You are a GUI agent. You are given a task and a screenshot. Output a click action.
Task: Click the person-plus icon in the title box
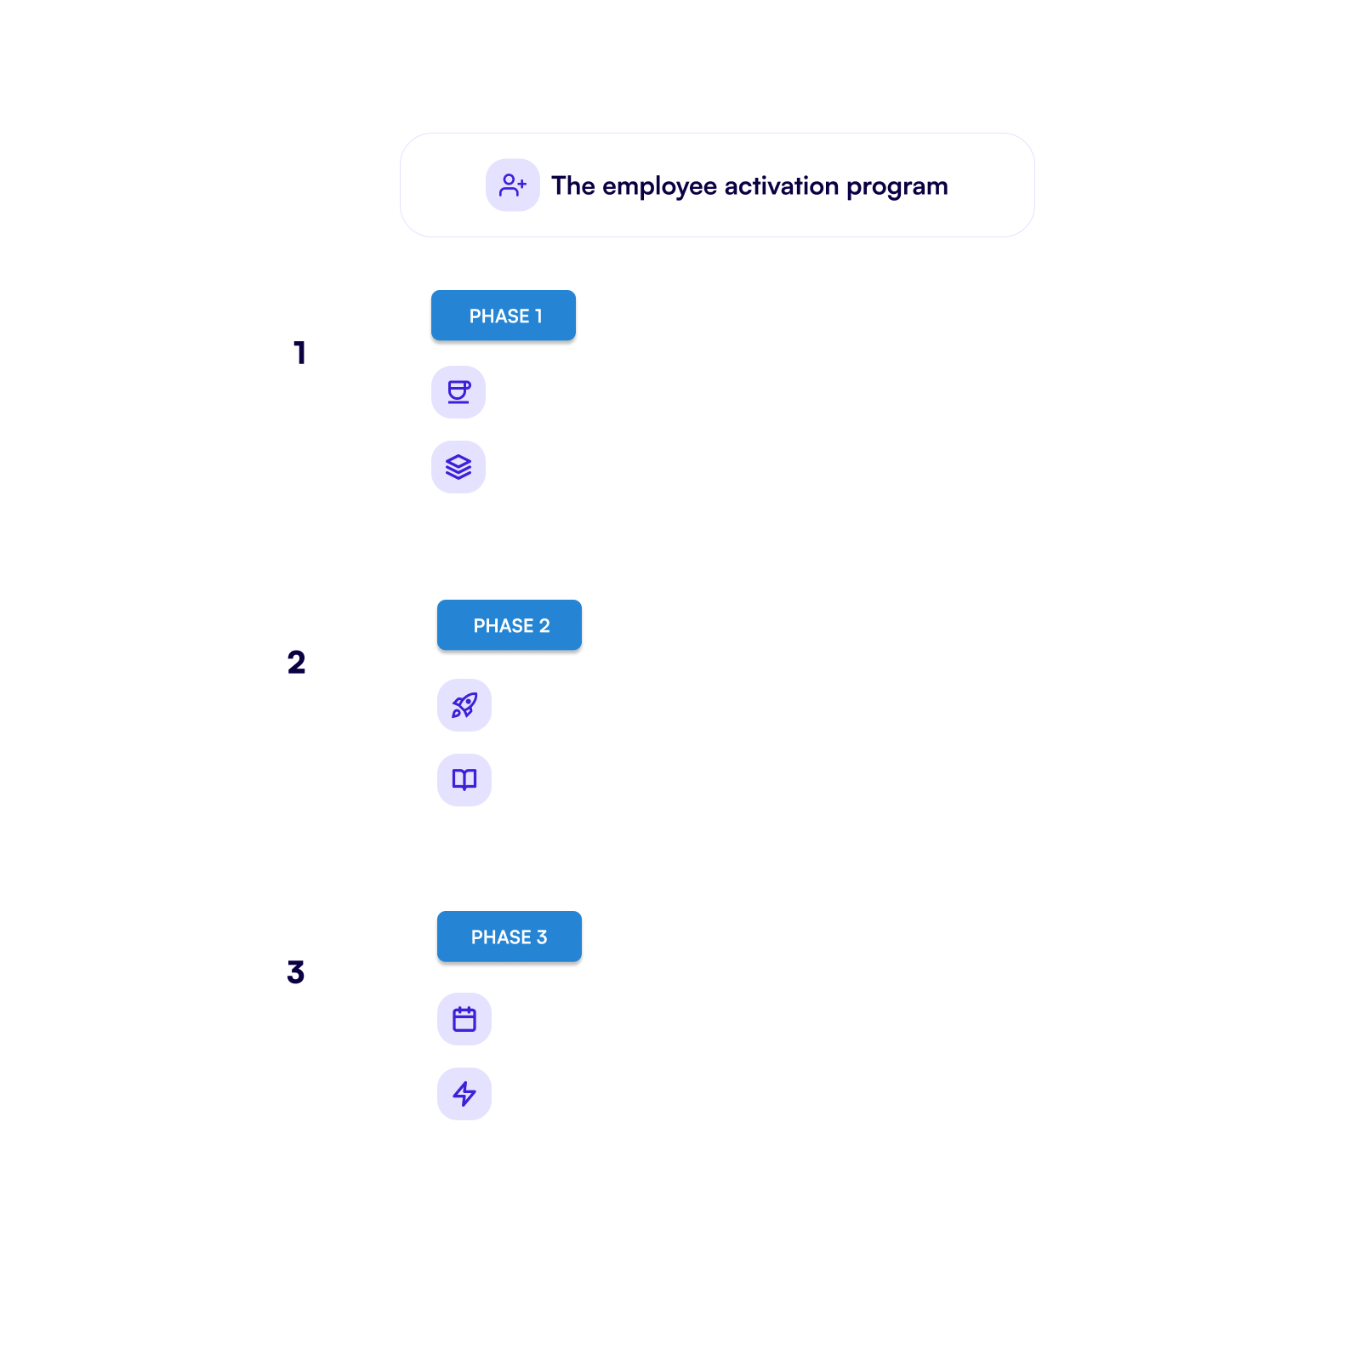click(512, 185)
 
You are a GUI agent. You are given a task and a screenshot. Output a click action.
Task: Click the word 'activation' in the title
click(781, 185)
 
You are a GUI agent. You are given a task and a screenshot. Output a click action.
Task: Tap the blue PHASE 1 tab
click(504, 316)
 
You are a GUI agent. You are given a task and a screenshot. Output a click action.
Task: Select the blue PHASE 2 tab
click(510, 626)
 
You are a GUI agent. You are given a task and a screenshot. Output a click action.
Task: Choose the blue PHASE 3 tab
click(510, 937)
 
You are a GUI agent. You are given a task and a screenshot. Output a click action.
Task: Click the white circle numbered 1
click(302, 353)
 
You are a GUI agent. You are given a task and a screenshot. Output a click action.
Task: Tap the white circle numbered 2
click(296, 663)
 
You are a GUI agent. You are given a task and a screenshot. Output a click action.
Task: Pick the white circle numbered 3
click(296, 972)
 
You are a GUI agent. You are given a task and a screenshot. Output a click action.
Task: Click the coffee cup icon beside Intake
click(458, 392)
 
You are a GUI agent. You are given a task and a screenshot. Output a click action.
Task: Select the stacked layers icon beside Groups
click(458, 467)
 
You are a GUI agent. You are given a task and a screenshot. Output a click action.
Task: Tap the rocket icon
click(464, 705)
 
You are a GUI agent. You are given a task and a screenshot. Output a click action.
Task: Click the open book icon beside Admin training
click(464, 780)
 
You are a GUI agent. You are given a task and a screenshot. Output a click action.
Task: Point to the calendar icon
click(464, 1019)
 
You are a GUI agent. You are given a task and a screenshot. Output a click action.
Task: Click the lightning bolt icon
click(464, 1094)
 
